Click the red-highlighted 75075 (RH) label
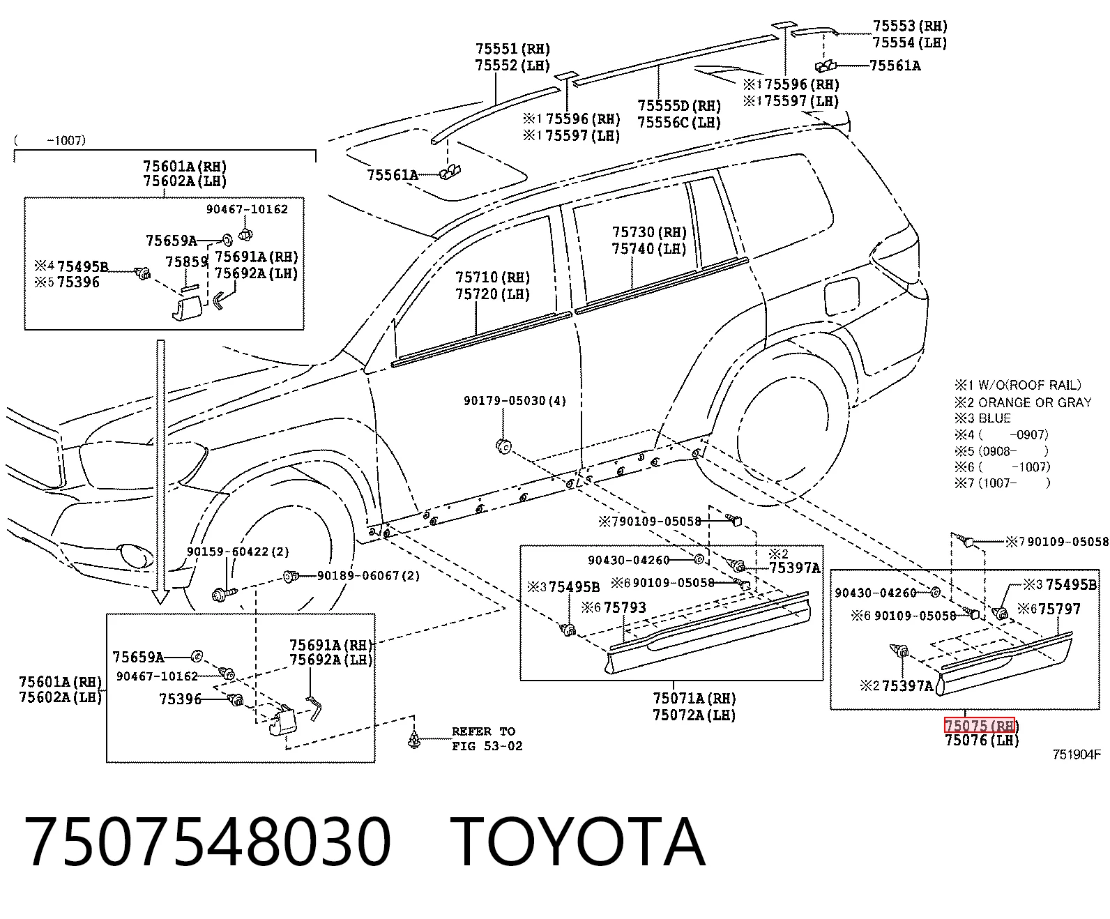pyautogui.click(x=979, y=725)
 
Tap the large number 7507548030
pyautogui.click(x=208, y=843)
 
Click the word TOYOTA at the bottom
pyautogui.click(x=577, y=843)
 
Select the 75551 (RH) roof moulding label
pyautogui.click(x=512, y=49)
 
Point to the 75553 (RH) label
pyautogui.click(x=910, y=26)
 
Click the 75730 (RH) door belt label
pyautogui.click(x=648, y=232)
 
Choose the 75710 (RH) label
pyautogui.click(x=492, y=278)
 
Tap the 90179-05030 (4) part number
pyautogui.click(x=515, y=401)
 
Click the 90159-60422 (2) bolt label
pyautogui.click(x=238, y=552)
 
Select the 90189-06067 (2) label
pyautogui.click(x=368, y=575)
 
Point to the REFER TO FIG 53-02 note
pyautogui.click(x=487, y=738)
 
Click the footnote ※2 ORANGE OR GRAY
pyautogui.click(x=1023, y=402)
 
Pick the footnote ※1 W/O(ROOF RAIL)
pyautogui.click(x=1017, y=385)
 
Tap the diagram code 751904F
pyautogui.click(x=1077, y=754)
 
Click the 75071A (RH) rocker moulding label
pyautogui.click(x=694, y=698)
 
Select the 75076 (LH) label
pyautogui.click(x=981, y=740)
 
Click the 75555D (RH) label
pyautogui.click(x=679, y=106)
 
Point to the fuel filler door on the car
pyautogui.click(x=842, y=296)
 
